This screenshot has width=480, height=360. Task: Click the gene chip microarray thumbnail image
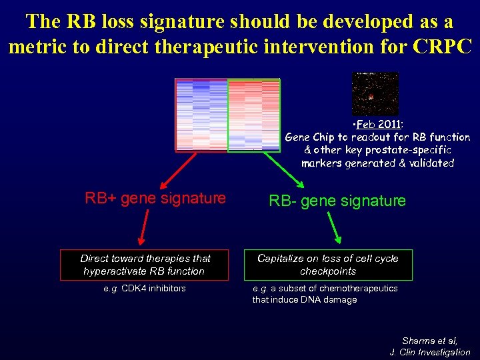point(374,94)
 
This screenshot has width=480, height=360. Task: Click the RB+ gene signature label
point(155,198)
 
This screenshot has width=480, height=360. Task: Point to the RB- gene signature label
point(337,201)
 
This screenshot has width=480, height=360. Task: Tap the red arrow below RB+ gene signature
point(141,230)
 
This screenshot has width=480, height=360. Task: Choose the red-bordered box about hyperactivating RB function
point(145,265)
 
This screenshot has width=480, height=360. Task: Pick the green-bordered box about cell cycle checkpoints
point(327,265)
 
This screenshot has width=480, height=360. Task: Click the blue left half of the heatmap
point(201,115)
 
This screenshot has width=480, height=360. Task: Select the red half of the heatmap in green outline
point(253,115)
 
